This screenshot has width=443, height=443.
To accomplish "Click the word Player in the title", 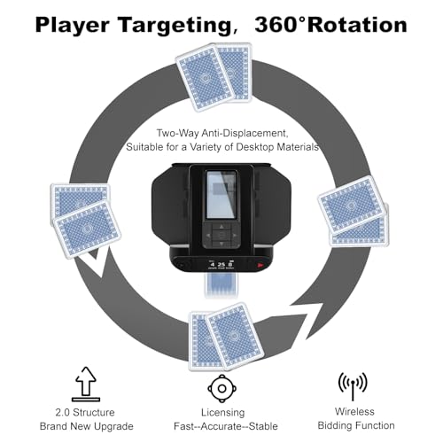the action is point(72,25).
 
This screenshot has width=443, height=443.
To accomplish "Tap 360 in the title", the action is point(276,24).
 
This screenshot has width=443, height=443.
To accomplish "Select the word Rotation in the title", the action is point(357,25).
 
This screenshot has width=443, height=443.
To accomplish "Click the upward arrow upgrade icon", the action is point(86,384).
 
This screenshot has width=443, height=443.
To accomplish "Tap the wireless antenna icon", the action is point(353,386).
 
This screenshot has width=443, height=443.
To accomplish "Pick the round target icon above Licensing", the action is point(222,388).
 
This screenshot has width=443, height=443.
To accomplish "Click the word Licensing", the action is point(223,413).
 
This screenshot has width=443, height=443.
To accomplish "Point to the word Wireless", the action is point(354,411).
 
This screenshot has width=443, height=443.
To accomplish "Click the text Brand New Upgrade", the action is point(86,426).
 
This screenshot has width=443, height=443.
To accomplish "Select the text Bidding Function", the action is point(356,425).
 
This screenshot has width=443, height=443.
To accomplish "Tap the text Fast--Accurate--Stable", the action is point(226,426).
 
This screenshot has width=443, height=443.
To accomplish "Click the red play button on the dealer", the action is point(260,265).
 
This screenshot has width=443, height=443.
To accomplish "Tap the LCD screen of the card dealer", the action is point(221,195).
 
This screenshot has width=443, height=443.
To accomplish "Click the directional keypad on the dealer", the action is point(221,235).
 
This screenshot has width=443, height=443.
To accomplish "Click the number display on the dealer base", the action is point(221,264).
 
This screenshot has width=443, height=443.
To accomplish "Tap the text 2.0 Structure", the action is point(85,412).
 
